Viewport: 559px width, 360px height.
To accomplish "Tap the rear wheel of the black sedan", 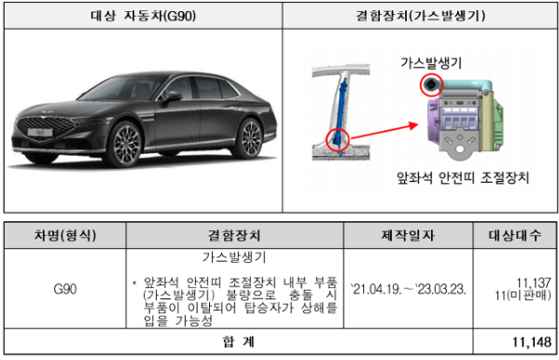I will [x=249, y=138].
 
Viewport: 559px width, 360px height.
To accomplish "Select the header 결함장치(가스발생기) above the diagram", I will [x=420, y=15].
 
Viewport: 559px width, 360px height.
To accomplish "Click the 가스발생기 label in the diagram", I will [x=431, y=63].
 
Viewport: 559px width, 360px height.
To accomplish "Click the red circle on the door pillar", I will [x=337, y=141].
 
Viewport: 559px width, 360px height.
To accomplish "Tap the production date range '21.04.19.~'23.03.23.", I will [x=408, y=288].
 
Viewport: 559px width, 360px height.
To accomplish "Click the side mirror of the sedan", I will [x=172, y=96].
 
